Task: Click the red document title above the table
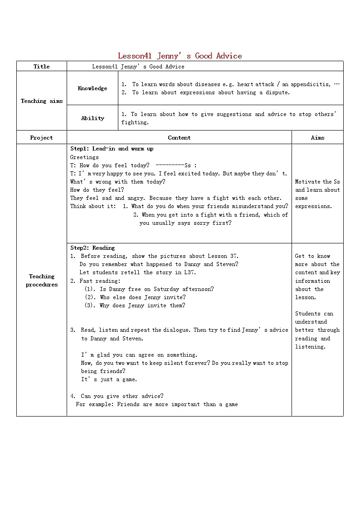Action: pos(180,56)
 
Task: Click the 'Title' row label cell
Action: pos(42,67)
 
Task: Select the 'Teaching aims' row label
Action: pos(42,101)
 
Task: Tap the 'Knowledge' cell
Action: pos(92,88)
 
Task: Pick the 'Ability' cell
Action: pos(92,118)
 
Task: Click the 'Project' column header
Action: pos(42,138)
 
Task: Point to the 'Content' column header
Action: pos(179,138)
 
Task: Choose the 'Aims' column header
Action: pos(317,138)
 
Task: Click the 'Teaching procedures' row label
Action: pos(42,281)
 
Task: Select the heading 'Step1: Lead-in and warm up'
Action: pos(112,149)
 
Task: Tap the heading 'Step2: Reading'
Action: pos(92,248)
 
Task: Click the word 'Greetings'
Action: pos(84,157)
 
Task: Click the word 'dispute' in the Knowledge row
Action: pos(277,92)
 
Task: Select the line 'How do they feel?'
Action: pos(97,190)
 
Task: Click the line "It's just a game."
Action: pos(109,379)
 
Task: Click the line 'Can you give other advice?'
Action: pos(122,396)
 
